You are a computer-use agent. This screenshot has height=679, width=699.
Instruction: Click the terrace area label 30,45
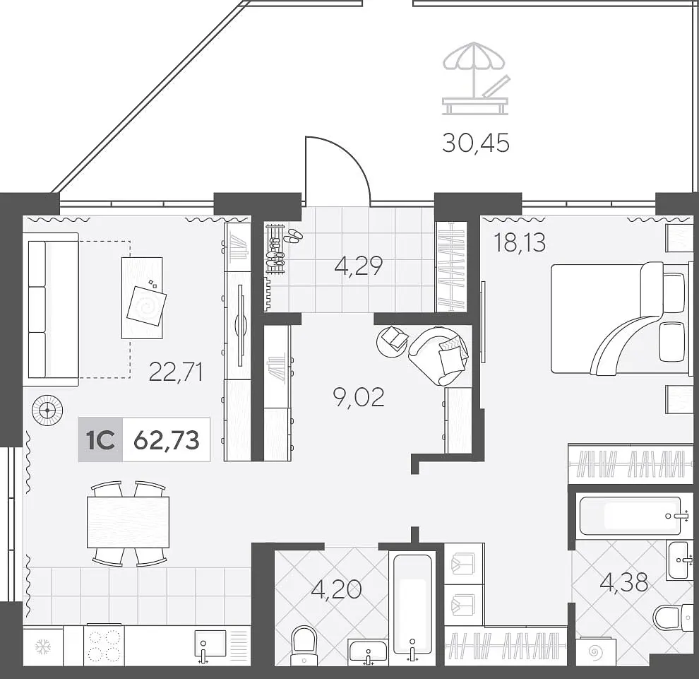point(476,143)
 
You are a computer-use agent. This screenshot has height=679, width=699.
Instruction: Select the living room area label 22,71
point(176,372)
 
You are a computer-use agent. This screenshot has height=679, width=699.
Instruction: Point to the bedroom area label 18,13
point(520,242)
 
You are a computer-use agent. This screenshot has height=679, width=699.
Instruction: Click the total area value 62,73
point(167,440)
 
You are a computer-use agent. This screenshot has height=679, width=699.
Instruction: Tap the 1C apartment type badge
point(100,440)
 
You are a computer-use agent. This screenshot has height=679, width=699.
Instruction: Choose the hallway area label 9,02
point(359,397)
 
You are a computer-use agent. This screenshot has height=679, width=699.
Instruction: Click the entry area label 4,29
point(359,266)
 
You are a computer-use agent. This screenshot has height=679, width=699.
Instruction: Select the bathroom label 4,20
point(337,589)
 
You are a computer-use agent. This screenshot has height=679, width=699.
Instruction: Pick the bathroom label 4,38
point(623,582)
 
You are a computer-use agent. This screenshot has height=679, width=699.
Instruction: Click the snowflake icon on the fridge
point(43,646)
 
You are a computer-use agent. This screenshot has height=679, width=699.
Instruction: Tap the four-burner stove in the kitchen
point(104,645)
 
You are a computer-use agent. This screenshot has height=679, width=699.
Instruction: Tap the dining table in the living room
point(128,522)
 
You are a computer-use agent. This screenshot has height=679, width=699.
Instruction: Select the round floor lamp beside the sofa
point(47,410)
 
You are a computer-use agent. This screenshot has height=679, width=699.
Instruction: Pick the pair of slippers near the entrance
point(292,235)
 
